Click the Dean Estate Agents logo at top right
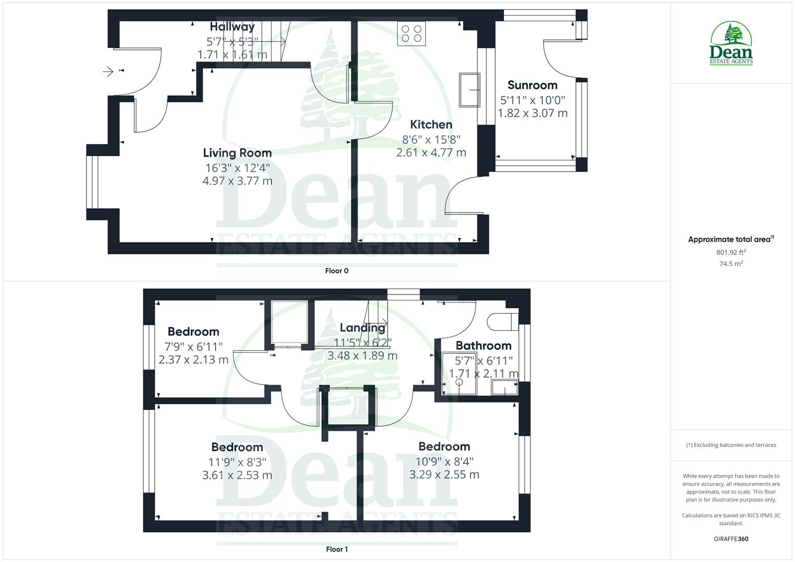731,44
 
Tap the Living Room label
237,153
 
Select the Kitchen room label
431,125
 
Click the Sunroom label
532,85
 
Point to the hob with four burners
411,33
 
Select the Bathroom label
483,346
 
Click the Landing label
362,328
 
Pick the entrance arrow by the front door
108,71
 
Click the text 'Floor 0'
337,271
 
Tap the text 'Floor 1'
337,549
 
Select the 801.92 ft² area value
731,252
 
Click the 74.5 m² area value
731,264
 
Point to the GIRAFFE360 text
731,539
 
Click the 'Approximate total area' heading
730,239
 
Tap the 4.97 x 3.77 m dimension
237,181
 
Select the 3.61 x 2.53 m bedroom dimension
237,475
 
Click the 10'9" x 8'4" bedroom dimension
444,462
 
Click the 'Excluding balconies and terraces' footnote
731,445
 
